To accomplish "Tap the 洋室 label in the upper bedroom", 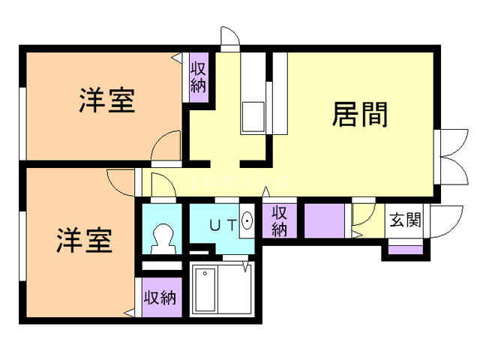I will point(107,100).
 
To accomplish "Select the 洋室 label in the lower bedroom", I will point(84,241).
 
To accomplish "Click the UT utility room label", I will point(222,223).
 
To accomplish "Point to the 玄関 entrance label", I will point(404,220).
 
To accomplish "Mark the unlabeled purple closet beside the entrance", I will point(324,220).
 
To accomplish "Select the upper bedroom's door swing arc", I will point(167,145).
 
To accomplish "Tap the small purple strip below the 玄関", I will point(404,248).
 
